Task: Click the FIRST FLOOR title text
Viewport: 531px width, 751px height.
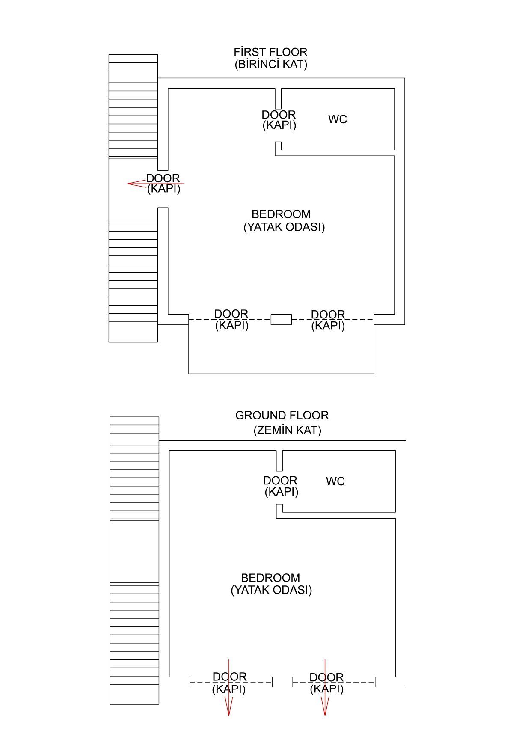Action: click(270, 52)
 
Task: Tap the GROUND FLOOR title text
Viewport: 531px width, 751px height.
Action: click(282, 416)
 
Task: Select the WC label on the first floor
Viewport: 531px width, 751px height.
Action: click(338, 119)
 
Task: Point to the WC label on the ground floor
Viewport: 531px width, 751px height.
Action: click(335, 481)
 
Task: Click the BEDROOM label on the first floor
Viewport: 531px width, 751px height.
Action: click(281, 214)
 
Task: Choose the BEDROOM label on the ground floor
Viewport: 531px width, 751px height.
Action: click(270, 578)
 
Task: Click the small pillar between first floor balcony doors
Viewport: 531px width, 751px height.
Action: click(281, 319)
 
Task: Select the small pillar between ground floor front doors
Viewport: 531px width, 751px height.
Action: click(282, 682)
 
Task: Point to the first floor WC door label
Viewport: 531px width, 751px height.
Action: click(279, 120)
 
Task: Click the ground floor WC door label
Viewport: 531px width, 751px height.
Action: click(281, 486)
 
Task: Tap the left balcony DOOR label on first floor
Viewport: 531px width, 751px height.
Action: click(231, 320)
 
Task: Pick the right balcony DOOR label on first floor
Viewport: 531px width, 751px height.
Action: click(328, 320)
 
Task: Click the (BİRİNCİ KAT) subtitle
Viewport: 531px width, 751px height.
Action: click(271, 65)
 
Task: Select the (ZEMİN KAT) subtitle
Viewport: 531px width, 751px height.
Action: click(288, 430)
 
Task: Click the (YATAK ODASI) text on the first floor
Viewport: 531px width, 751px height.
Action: click(284, 227)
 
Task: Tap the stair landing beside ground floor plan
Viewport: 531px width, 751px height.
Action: click(134, 552)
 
